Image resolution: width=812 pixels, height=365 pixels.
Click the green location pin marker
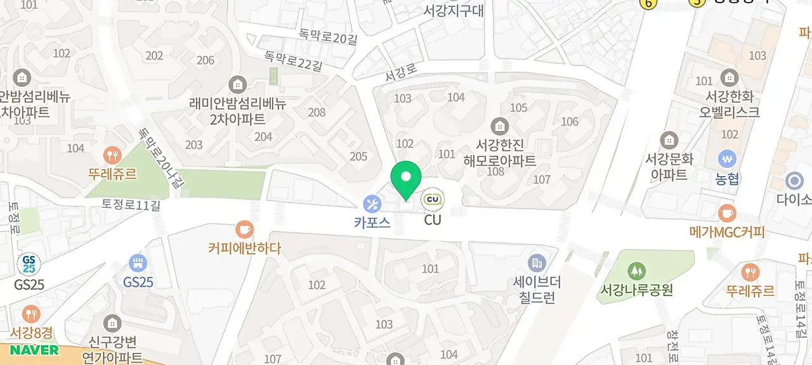pyautogui.click(x=406, y=178)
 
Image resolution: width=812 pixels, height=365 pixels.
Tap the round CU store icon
pyautogui.click(x=433, y=200)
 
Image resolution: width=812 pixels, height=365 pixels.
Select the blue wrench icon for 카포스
pyautogui.click(x=372, y=204)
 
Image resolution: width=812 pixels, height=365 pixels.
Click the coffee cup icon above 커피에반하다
pyautogui.click(x=244, y=229)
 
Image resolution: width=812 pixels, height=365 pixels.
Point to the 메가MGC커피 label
pyautogui.click(x=727, y=233)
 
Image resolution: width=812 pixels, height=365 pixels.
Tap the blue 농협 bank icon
pyautogui.click(x=726, y=159)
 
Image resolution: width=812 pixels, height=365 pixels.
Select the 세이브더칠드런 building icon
pyautogui.click(x=537, y=262)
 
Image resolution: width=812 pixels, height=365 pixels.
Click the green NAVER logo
pyautogui.click(x=34, y=350)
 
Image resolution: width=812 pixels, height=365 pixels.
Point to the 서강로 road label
pyautogui.click(x=400, y=74)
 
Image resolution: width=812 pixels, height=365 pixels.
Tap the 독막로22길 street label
pyautogui.click(x=294, y=61)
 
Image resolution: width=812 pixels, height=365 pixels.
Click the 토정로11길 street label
pyautogui.click(x=132, y=204)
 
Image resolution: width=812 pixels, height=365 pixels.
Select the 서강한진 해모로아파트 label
pyautogui.click(x=500, y=152)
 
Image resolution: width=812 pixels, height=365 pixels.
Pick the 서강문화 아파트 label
pyautogui.click(x=669, y=166)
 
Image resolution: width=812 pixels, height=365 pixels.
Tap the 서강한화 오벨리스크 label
pyautogui.click(x=730, y=105)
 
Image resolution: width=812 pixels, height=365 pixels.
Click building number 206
pyautogui.click(x=206, y=60)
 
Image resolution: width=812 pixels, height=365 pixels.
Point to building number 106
pyautogui.click(x=570, y=122)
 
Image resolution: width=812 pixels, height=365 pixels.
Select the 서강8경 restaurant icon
pyautogui.click(x=30, y=314)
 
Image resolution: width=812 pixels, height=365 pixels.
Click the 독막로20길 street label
pyautogui.click(x=329, y=38)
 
